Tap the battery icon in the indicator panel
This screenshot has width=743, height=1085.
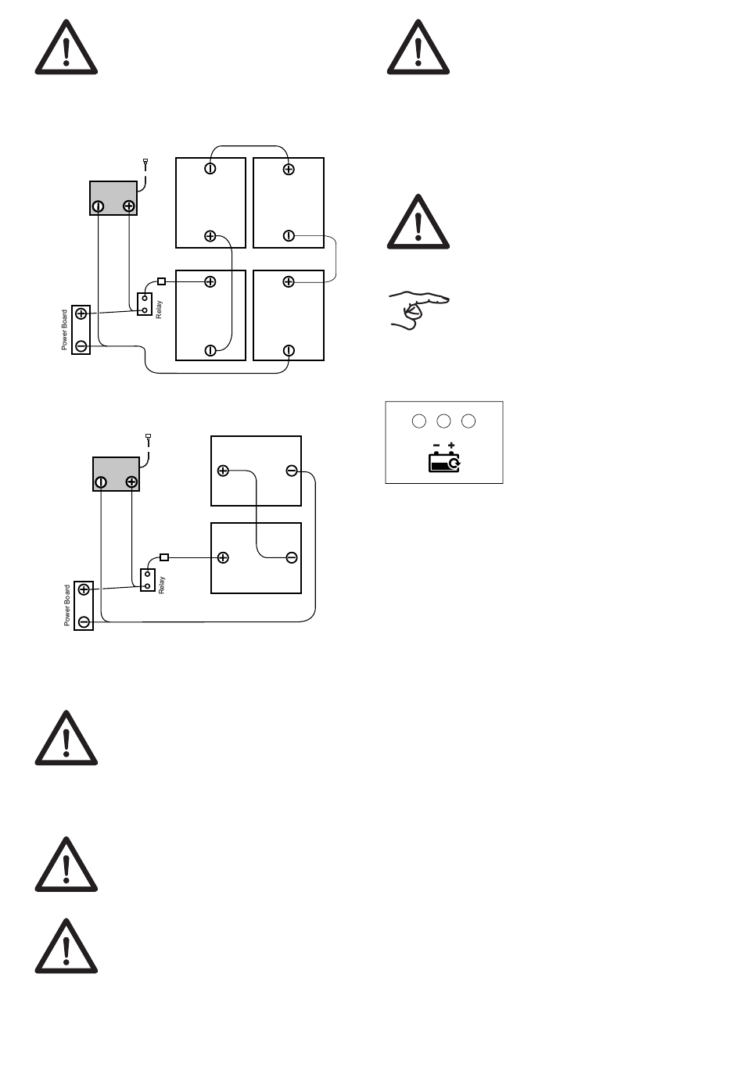point(444,462)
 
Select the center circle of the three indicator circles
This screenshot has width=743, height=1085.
point(443,421)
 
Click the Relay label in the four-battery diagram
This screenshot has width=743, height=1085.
point(160,309)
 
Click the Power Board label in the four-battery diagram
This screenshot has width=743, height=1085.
point(65,330)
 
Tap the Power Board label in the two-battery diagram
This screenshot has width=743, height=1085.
point(67,606)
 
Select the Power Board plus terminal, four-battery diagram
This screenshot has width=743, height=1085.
point(81,313)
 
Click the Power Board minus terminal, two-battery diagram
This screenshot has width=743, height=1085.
point(84,621)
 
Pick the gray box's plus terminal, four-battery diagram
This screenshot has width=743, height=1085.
point(129,206)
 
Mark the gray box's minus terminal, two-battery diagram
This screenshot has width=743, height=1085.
point(101,482)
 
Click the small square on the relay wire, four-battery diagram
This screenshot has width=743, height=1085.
point(162,281)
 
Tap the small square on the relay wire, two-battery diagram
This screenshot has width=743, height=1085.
point(164,557)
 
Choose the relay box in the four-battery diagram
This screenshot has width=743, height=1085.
point(145,304)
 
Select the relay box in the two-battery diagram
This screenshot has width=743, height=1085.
point(148,580)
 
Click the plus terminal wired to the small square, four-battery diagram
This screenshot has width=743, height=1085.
point(210,281)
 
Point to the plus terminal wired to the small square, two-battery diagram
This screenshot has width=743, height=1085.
point(223,557)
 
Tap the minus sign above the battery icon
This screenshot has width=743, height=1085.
point(436,446)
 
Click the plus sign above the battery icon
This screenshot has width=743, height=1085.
point(451,446)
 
